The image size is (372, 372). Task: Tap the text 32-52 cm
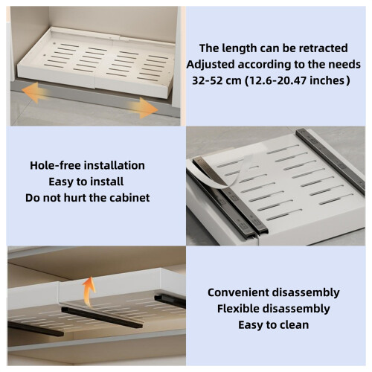click(x=217, y=80)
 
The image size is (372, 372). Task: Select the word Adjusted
click(x=211, y=65)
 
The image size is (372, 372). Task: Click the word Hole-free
click(x=52, y=165)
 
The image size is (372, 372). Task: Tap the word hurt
click(x=75, y=198)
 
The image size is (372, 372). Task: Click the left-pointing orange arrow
click(x=35, y=93)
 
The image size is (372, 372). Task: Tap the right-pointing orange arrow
click(x=144, y=108)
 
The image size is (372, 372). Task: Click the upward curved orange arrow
click(x=89, y=292)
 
